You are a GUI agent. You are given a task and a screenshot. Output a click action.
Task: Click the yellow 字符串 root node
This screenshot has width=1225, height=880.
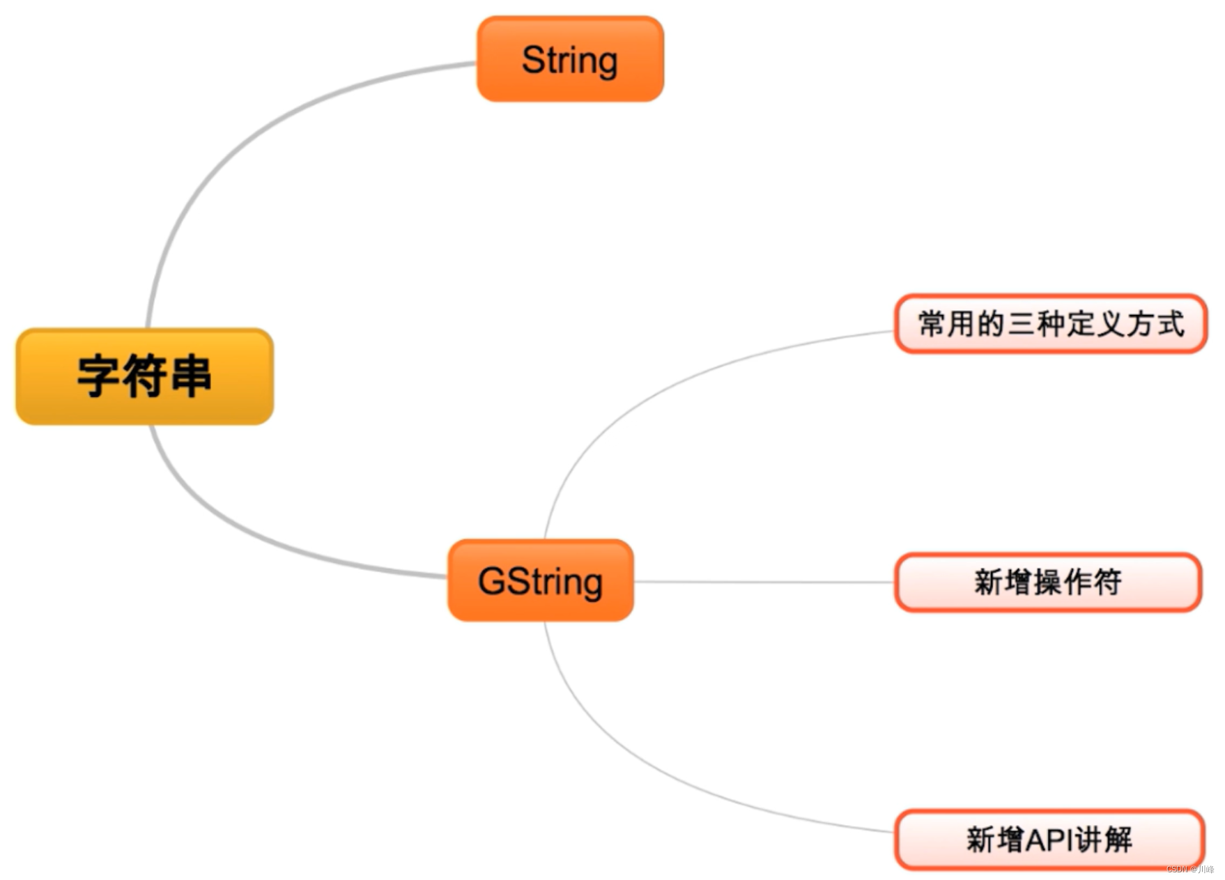click(144, 377)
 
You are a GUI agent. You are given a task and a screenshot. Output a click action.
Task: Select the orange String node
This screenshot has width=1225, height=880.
click(570, 60)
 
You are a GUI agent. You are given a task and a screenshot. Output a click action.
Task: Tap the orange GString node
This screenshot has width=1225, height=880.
click(541, 581)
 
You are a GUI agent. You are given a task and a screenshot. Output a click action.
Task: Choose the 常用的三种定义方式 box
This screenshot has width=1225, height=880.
click(1050, 324)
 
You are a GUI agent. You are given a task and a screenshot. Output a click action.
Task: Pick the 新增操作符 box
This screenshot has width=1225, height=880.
click(1048, 582)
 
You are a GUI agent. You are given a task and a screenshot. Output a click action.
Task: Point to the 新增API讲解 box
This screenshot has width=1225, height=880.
click(1049, 840)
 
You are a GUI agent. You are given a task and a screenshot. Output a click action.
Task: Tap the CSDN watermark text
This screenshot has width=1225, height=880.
click(1190, 870)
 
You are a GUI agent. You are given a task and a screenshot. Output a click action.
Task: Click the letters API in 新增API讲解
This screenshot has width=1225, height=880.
click(1049, 840)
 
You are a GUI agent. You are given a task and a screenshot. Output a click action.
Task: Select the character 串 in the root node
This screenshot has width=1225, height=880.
click(190, 377)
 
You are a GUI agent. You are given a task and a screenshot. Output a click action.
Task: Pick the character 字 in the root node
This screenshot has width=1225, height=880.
click(98, 377)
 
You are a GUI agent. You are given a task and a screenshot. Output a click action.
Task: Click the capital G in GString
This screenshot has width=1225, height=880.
click(493, 581)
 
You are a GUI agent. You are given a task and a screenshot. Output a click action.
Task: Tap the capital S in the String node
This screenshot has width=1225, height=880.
click(534, 60)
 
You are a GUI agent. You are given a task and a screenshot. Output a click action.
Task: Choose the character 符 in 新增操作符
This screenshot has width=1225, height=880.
click(1107, 582)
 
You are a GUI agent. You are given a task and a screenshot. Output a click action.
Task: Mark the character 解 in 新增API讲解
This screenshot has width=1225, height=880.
click(1118, 840)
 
